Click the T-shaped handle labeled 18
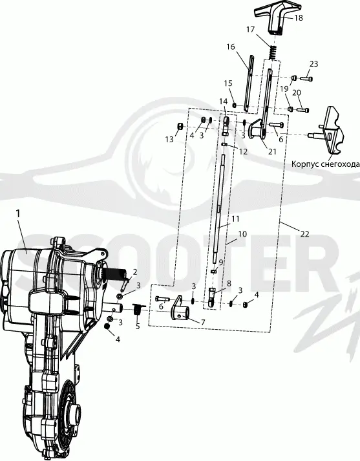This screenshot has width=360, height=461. (276, 19)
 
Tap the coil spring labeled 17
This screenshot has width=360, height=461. (273, 52)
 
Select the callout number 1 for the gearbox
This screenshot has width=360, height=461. (19, 213)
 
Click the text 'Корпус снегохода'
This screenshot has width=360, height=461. (325, 164)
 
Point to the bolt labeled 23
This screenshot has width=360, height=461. (306, 78)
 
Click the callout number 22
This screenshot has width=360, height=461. (305, 234)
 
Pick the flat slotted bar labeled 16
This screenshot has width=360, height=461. (249, 83)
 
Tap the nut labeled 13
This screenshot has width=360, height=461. (180, 127)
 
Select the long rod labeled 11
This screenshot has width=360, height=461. (220, 209)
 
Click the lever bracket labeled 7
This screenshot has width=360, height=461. (180, 308)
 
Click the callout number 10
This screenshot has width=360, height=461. (242, 234)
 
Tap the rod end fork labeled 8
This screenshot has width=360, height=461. (211, 297)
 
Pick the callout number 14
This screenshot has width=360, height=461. (224, 102)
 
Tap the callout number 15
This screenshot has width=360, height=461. (228, 83)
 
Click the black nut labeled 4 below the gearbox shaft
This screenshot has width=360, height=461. (107, 327)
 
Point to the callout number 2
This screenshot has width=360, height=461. (135, 272)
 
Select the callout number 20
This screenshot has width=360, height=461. (297, 93)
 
